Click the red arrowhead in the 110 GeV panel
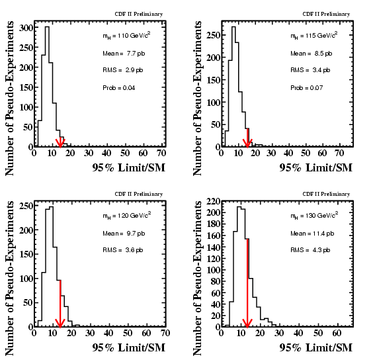pos(60,143)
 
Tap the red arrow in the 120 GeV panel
pos(60,304)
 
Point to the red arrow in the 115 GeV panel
pos(247,138)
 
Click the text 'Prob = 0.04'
pos(119,88)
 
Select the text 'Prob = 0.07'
pos(307,88)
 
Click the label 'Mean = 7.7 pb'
pos(124,54)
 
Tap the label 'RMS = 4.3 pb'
pos(310,250)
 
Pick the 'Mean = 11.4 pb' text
pos(312,234)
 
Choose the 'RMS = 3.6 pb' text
pos(123,250)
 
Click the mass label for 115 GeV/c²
pos(314,36)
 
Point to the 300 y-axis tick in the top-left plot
pos(26,28)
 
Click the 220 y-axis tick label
pos(214,202)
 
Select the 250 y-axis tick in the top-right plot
pos(214,35)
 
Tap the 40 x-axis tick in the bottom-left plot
pos(108,333)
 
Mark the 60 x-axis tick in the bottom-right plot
pos(337,333)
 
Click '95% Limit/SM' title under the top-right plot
pos(316,167)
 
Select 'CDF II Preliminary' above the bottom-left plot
pos(139,194)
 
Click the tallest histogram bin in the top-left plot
pos(47,87)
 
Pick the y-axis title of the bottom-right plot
pos(198,278)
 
